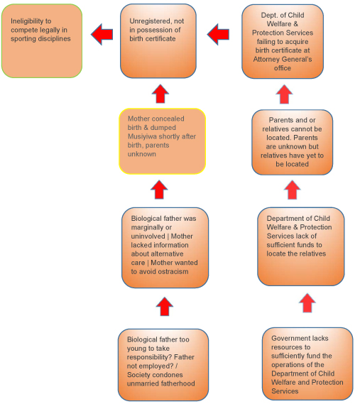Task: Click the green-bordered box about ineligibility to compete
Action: pos(42,40)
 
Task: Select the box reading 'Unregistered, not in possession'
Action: pos(158,41)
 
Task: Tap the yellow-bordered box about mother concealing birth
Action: pos(163,141)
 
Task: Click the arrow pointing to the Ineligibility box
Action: pos(102,34)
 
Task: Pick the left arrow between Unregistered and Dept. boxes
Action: pos(219,34)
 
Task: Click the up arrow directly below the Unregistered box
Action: pos(160,94)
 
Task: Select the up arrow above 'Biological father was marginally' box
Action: pos(159,190)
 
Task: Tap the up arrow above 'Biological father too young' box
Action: pos(164,307)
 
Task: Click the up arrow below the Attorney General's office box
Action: pos(284,94)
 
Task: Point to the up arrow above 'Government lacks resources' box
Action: pos(307,302)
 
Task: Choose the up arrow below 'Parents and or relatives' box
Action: pos(292,190)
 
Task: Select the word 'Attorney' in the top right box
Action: pos(268,60)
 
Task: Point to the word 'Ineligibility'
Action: pos(31,21)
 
